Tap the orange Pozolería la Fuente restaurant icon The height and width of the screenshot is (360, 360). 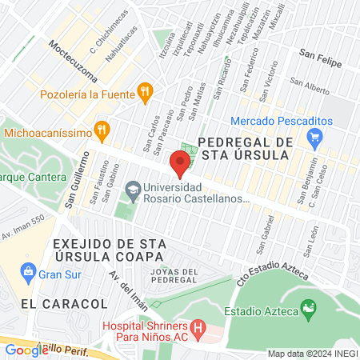(x=144, y=91)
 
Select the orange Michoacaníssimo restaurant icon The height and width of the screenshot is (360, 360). (x=101, y=128)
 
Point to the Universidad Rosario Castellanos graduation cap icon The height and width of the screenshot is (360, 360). (x=130, y=190)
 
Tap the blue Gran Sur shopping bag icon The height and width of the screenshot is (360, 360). (x=29, y=270)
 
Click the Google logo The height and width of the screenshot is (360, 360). (x=26, y=350)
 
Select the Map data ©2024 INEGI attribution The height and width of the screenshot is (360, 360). (x=311, y=354)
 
